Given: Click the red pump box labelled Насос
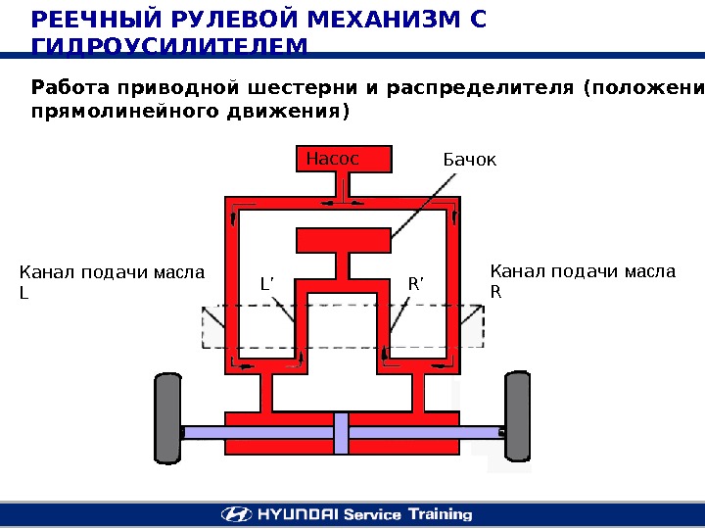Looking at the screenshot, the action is pyautogui.click(x=344, y=159).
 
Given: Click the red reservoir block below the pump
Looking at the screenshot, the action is pyautogui.click(x=344, y=240).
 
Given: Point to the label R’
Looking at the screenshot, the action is pyautogui.click(x=415, y=285).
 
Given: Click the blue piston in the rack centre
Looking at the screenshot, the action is pyautogui.click(x=341, y=432).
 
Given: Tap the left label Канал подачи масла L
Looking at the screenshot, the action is pyautogui.click(x=113, y=281).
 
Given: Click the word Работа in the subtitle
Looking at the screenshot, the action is pyautogui.click(x=69, y=88).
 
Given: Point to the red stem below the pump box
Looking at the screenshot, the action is pyautogui.click(x=344, y=186).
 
